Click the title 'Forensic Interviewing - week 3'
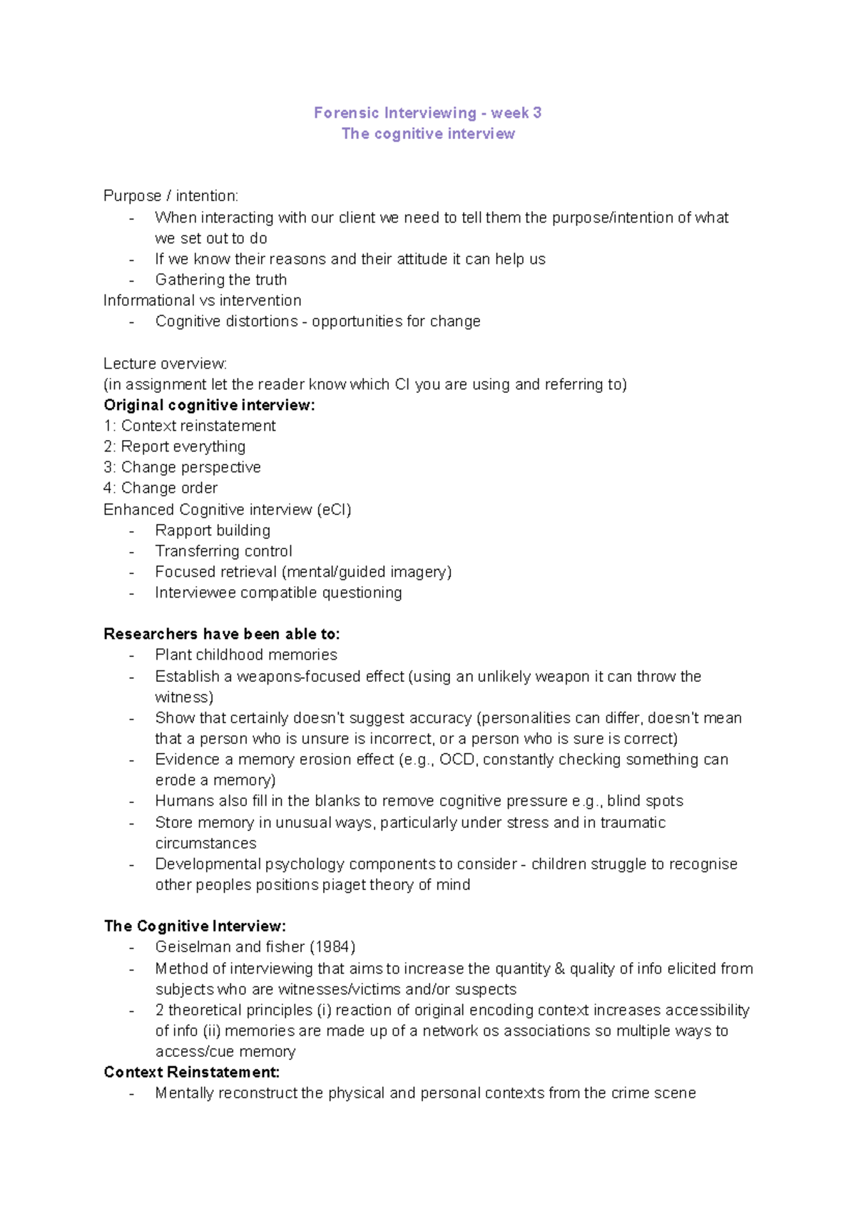click(x=427, y=113)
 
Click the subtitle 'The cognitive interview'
click(x=428, y=133)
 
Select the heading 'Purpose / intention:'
click(x=171, y=195)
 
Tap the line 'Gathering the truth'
click(x=221, y=280)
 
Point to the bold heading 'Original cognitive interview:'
click(x=209, y=405)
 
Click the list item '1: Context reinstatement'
click(x=190, y=426)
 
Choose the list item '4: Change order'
click(x=160, y=488)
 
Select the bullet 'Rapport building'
click(x=213, y=530)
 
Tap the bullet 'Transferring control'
click(x=223, y=551)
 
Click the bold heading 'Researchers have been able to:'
click(x=222, y=634)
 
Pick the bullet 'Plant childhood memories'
click(x=246, y=655)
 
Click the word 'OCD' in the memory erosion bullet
click(x=457, y=759)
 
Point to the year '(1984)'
click(x=332, y=946)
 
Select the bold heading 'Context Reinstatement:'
click(x=191, y=1072)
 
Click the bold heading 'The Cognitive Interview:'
click(x=195, y=926)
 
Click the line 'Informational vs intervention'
click(x=203, y=300)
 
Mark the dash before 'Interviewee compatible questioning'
click(x=131, y=593)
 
